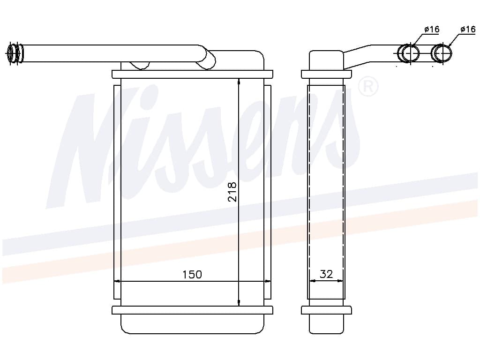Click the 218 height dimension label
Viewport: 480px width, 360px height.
pos(232,192)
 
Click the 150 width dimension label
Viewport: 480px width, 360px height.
pos(192,275)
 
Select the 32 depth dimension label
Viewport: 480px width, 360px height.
pos(326,274)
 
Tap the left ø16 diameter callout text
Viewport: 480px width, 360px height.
pos(432,30)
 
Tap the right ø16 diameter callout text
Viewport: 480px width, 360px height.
pos(468,30)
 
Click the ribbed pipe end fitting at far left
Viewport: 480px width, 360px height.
pos(15,53)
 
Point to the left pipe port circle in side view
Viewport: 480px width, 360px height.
pos(409,53)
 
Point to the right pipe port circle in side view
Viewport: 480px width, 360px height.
pos(442,53)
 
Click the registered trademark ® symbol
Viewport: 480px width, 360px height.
pos(368,87)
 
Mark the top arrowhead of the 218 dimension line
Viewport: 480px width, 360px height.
pos(239,81)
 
